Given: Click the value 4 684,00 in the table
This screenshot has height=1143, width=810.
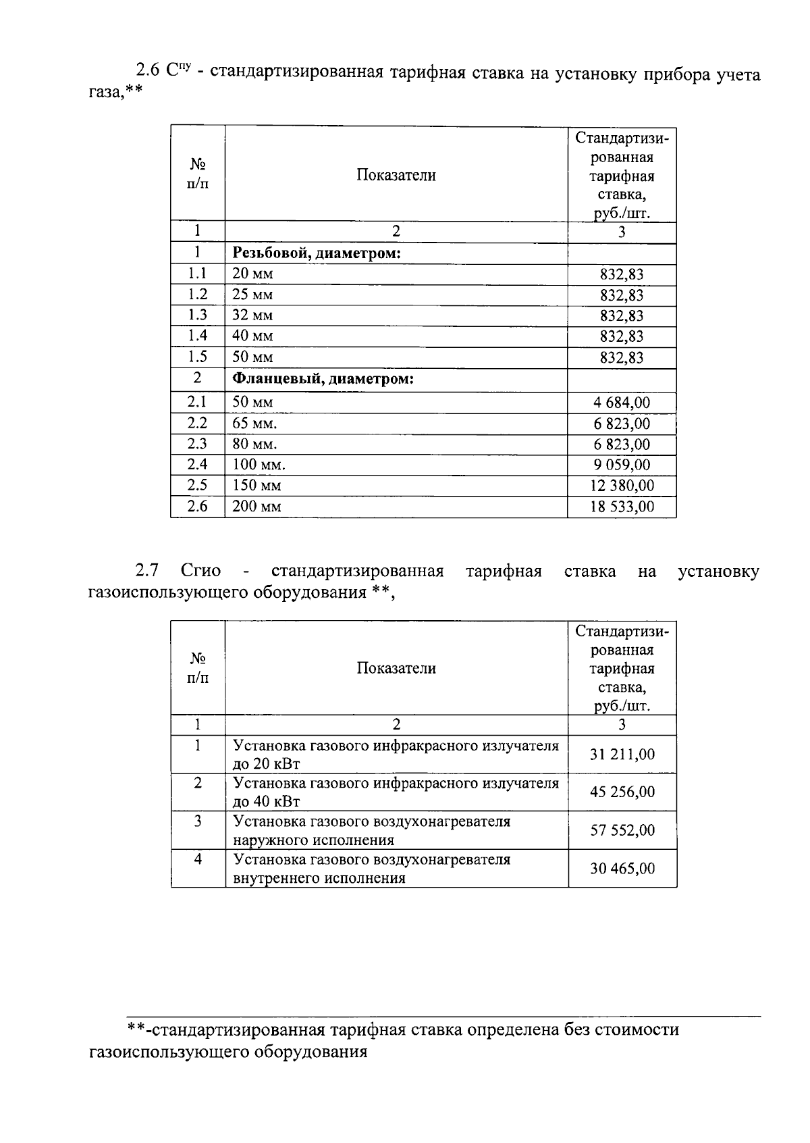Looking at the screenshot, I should coord(622,403).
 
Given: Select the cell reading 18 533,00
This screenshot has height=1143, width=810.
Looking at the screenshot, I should coord(622,507).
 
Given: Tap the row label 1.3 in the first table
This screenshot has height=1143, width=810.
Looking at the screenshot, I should coord(197,315).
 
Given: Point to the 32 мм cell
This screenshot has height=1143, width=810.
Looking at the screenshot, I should coord(252,315).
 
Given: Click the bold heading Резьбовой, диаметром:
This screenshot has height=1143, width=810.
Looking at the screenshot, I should coord(317,253).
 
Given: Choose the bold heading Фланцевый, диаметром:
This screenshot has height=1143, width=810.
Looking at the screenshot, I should coord(323,379).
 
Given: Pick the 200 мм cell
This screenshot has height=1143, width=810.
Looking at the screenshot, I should coord(256,507).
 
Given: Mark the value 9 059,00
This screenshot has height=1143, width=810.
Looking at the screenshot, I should coord(622,465).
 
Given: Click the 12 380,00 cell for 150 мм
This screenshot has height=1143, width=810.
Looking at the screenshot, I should coord(622,486).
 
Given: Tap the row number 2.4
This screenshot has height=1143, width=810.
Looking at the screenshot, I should coord(197,464).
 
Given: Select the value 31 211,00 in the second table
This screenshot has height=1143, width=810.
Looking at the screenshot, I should coord(622,755).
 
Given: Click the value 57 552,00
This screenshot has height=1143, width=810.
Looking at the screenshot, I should coord(622,830).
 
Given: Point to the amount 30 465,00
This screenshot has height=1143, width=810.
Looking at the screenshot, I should coord(622,868).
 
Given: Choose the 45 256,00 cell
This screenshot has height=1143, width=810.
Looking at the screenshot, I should coord(622,792).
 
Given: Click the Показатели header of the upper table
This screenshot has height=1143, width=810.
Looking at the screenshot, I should coord(396,176).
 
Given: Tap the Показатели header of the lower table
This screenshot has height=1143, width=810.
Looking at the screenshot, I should coord(396,668).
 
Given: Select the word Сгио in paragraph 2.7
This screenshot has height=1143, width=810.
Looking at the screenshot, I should coord(200,571).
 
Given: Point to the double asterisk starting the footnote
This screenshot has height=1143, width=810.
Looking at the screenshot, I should coord(137,1030).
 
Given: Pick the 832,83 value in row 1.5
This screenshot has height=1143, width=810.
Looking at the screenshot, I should coord(622,358).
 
